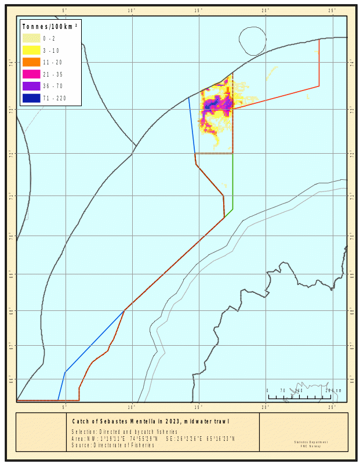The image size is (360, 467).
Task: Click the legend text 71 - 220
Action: pos(54,98)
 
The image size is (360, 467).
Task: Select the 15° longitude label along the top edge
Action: pos(199,10)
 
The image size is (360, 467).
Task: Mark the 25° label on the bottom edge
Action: pos(333,407)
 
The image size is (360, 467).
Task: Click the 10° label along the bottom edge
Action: pos(132,407)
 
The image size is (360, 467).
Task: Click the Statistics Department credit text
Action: pos(311,442)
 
